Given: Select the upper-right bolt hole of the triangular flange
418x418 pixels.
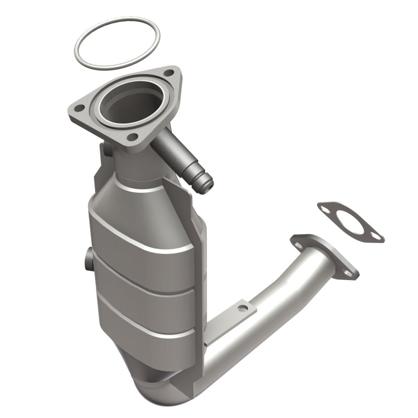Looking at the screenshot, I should tap(168, 74).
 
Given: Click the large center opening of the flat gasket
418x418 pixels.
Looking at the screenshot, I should tap(351, 223).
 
